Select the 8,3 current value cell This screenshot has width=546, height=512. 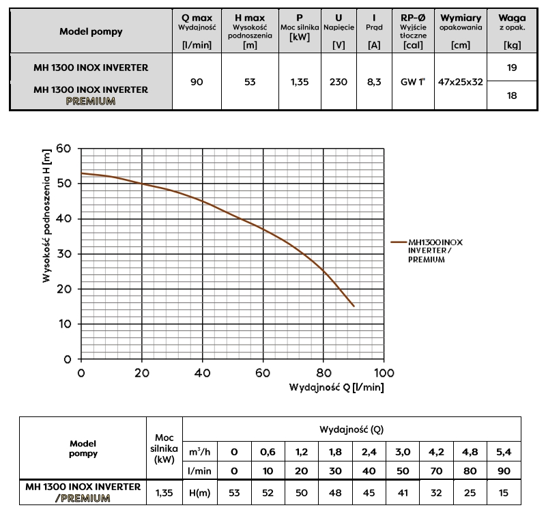(373, 82)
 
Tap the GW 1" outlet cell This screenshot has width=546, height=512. (413, 82)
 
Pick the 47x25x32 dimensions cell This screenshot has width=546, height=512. (461, 82)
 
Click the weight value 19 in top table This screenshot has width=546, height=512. (512, 68)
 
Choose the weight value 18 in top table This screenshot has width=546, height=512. (512, 96)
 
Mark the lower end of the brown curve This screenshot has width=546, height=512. (354, 307)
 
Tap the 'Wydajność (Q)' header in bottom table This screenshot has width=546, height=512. (351, 429)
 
